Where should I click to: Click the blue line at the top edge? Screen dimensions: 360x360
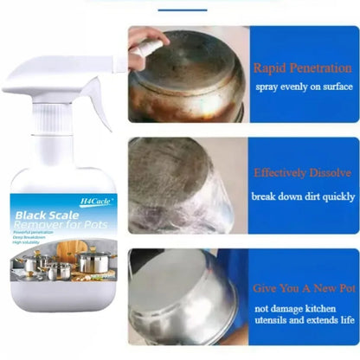coord(182,10)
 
